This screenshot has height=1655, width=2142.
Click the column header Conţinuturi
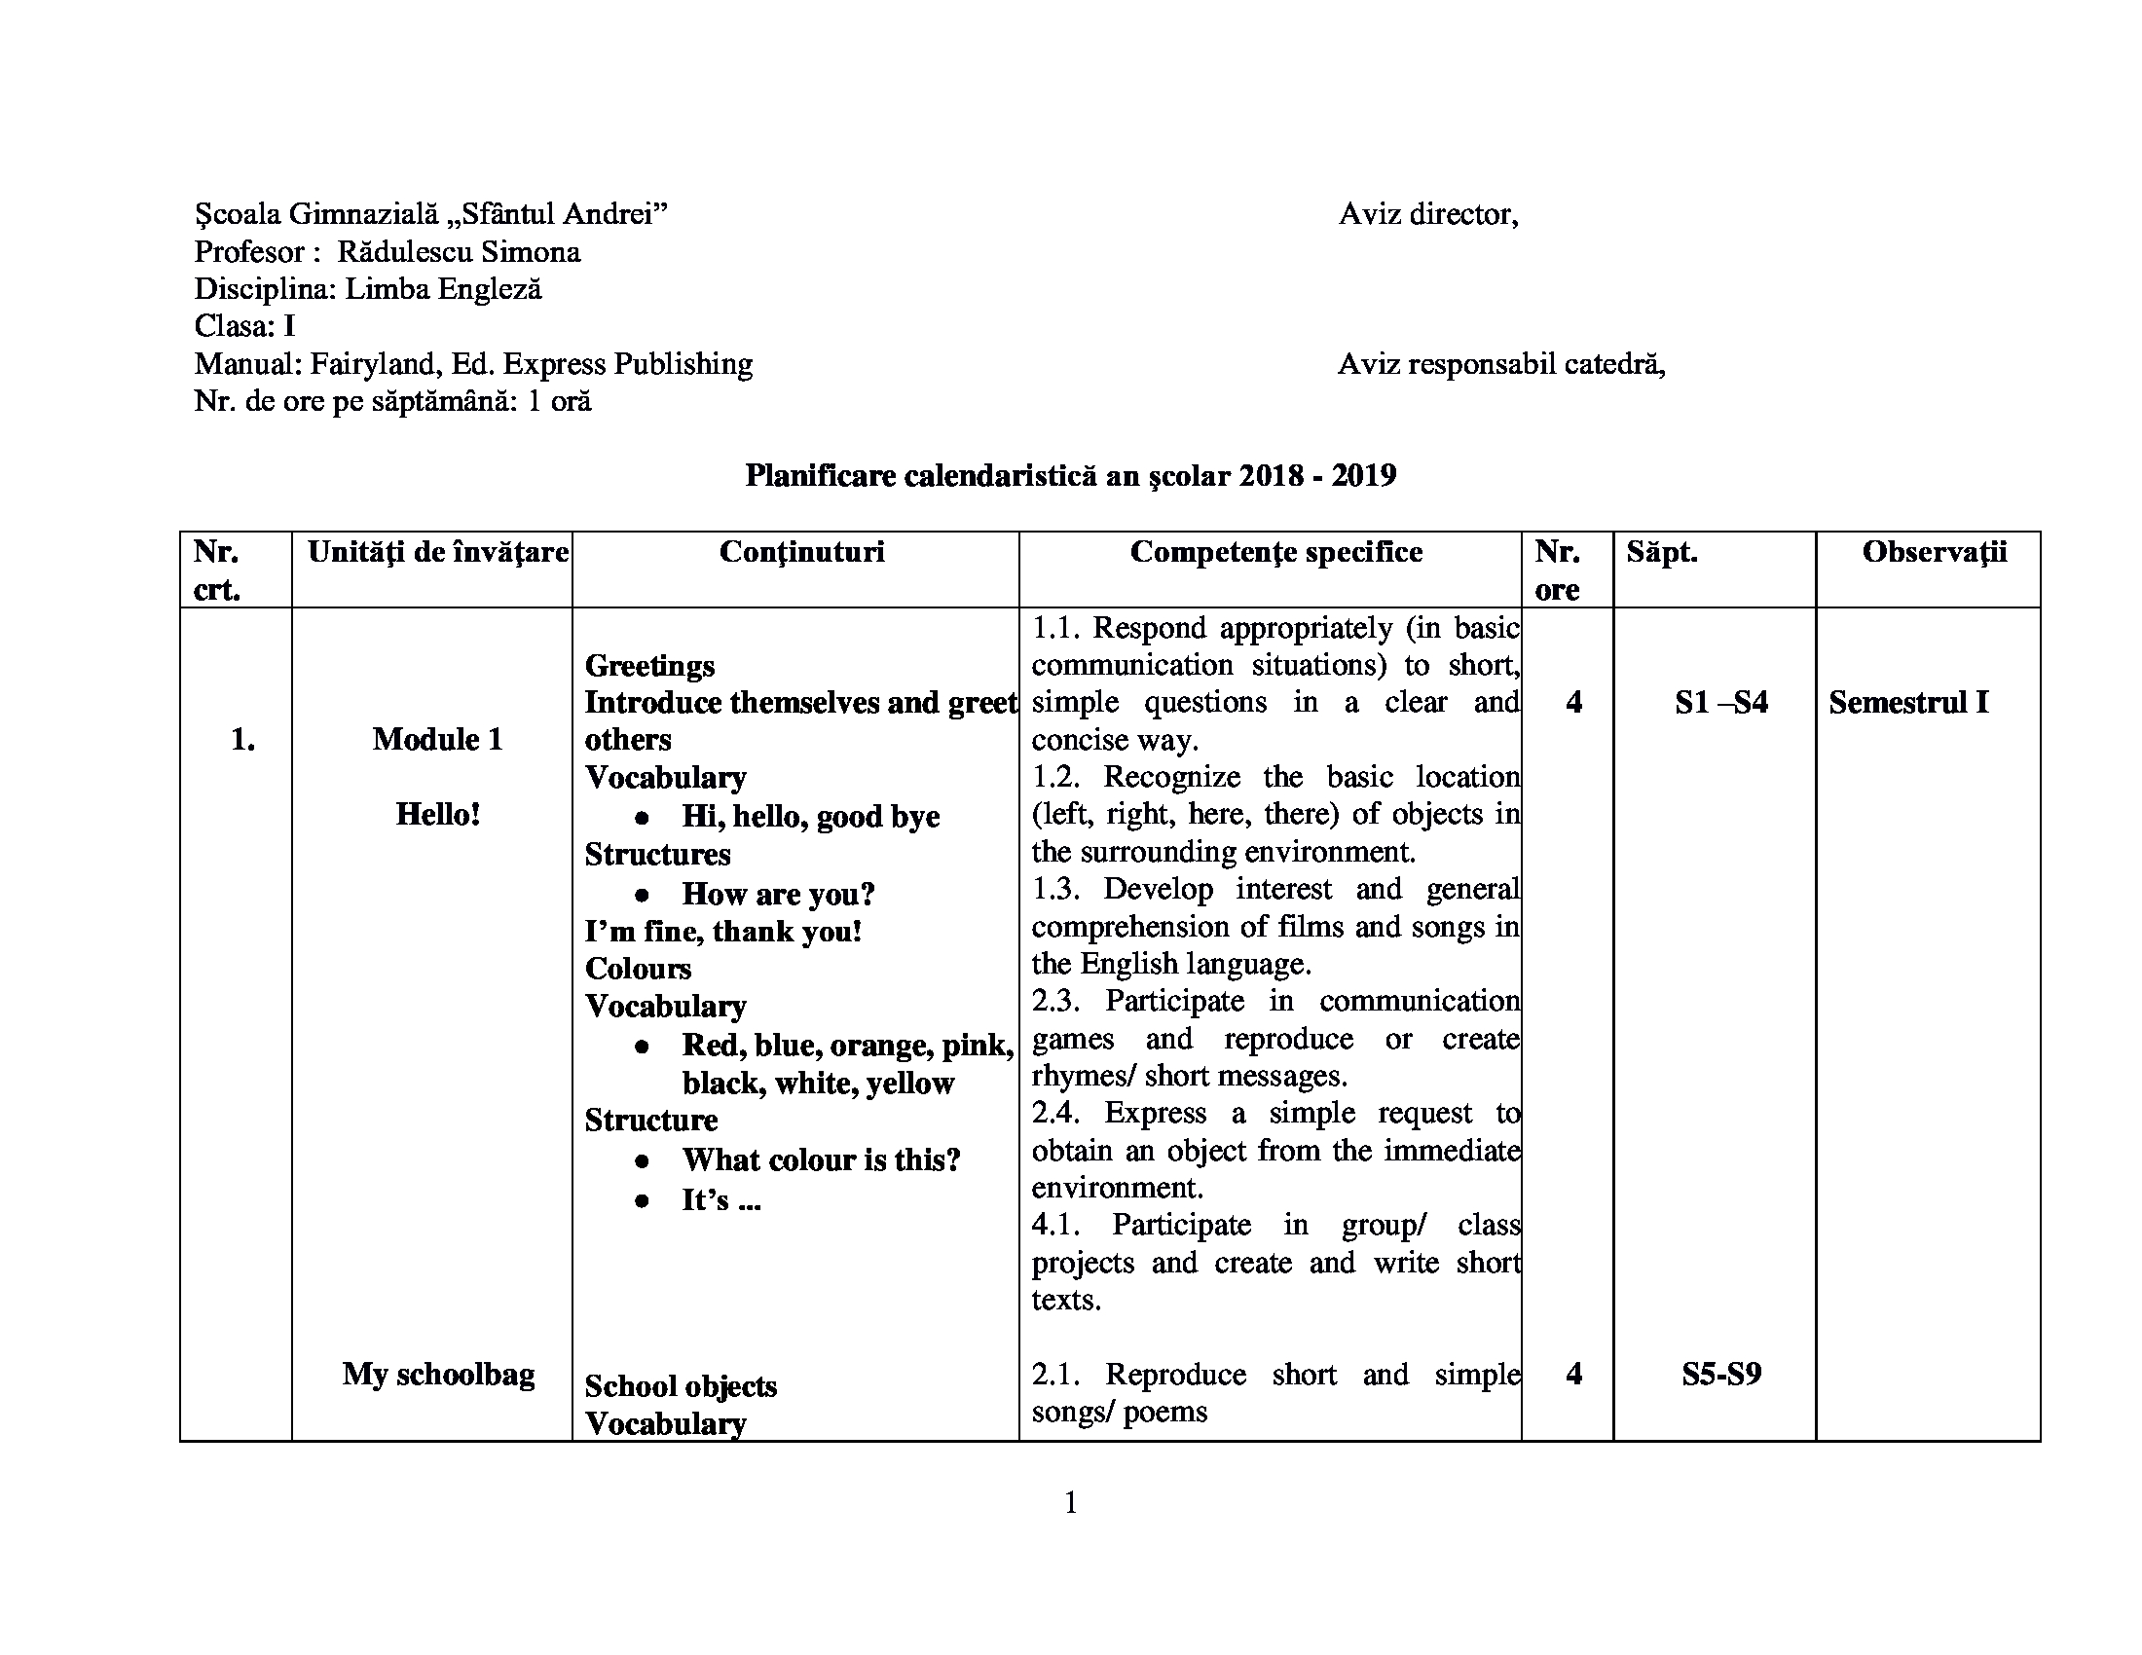(x=801, y=552)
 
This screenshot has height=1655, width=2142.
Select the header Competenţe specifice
(x=1276, y=552)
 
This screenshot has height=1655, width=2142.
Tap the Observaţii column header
(x=1934, y=552)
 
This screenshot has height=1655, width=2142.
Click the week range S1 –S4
(x=1721, y=703)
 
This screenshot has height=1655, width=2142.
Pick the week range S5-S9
(x=1721, y=1374)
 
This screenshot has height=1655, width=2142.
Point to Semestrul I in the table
(x=1907, y=703)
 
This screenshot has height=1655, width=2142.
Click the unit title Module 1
(x=437, y=739)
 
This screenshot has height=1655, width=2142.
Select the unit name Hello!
(x=437, y=814)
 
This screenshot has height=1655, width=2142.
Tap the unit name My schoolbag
(x=438, y=1374)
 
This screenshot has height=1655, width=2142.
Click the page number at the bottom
(x=1071, y=1502)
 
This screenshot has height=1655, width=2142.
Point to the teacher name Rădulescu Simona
(x=458, y=252)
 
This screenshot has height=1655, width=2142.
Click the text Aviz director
(x=1428, y=214)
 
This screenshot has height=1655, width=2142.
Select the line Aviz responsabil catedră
(x=1500, y=365)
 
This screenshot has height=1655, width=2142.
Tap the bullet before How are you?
(x=642, y=895)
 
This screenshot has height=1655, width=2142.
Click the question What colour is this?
(x=821, y=1159)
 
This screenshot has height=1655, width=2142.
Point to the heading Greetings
(x=649, y=666)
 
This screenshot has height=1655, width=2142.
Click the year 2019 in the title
(x=1363, y=475)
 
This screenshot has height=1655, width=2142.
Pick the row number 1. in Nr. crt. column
(x=242, y=739)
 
